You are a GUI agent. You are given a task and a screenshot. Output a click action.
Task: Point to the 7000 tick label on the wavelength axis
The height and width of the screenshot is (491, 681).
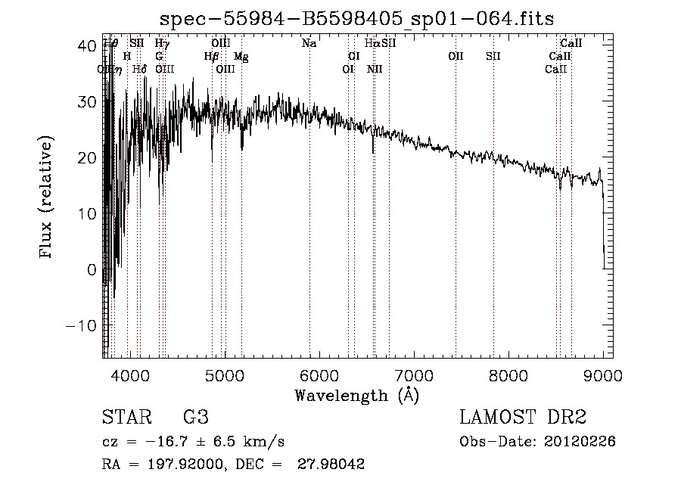tap(413, 374)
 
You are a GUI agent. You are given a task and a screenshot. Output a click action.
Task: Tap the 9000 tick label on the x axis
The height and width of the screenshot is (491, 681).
tap(602, 374)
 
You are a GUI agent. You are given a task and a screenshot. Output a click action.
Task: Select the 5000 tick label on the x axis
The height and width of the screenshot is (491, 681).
tap(225, 374)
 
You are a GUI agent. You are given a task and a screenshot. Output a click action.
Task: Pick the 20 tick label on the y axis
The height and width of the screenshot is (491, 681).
tap(88, 157)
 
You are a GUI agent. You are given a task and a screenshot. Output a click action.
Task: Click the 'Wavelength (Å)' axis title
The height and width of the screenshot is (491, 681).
tap(356, 395)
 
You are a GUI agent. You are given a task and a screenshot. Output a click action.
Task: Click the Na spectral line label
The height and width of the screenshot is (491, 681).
tap(309, 44)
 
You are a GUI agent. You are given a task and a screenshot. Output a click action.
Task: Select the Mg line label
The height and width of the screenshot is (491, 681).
tap(241, 57)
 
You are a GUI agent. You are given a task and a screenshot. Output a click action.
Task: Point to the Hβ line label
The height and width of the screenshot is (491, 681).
tap(211, 57)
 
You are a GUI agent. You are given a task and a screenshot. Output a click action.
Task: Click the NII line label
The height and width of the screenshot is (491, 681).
tap(375, 70)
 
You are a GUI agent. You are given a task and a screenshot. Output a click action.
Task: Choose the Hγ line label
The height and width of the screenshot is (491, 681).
tap(162, 44)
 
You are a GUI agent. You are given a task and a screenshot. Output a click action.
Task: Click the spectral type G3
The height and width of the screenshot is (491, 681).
tap(195, 418)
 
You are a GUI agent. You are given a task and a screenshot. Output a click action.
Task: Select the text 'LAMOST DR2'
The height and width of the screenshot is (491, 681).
tap(523, 418)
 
